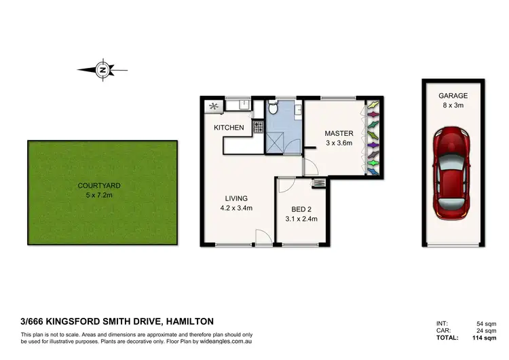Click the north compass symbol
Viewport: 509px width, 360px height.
click(102, 69)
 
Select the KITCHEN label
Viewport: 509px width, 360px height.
click(229, 128)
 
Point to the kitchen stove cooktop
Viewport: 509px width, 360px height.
click(258, 126)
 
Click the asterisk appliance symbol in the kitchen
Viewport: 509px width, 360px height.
click(214, 106)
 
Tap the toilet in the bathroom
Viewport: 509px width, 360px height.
click(273, 107)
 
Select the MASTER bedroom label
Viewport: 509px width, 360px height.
click(338, 133)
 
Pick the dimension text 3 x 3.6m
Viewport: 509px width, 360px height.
click(338, 143)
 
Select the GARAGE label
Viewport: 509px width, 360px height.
click(453, 96)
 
